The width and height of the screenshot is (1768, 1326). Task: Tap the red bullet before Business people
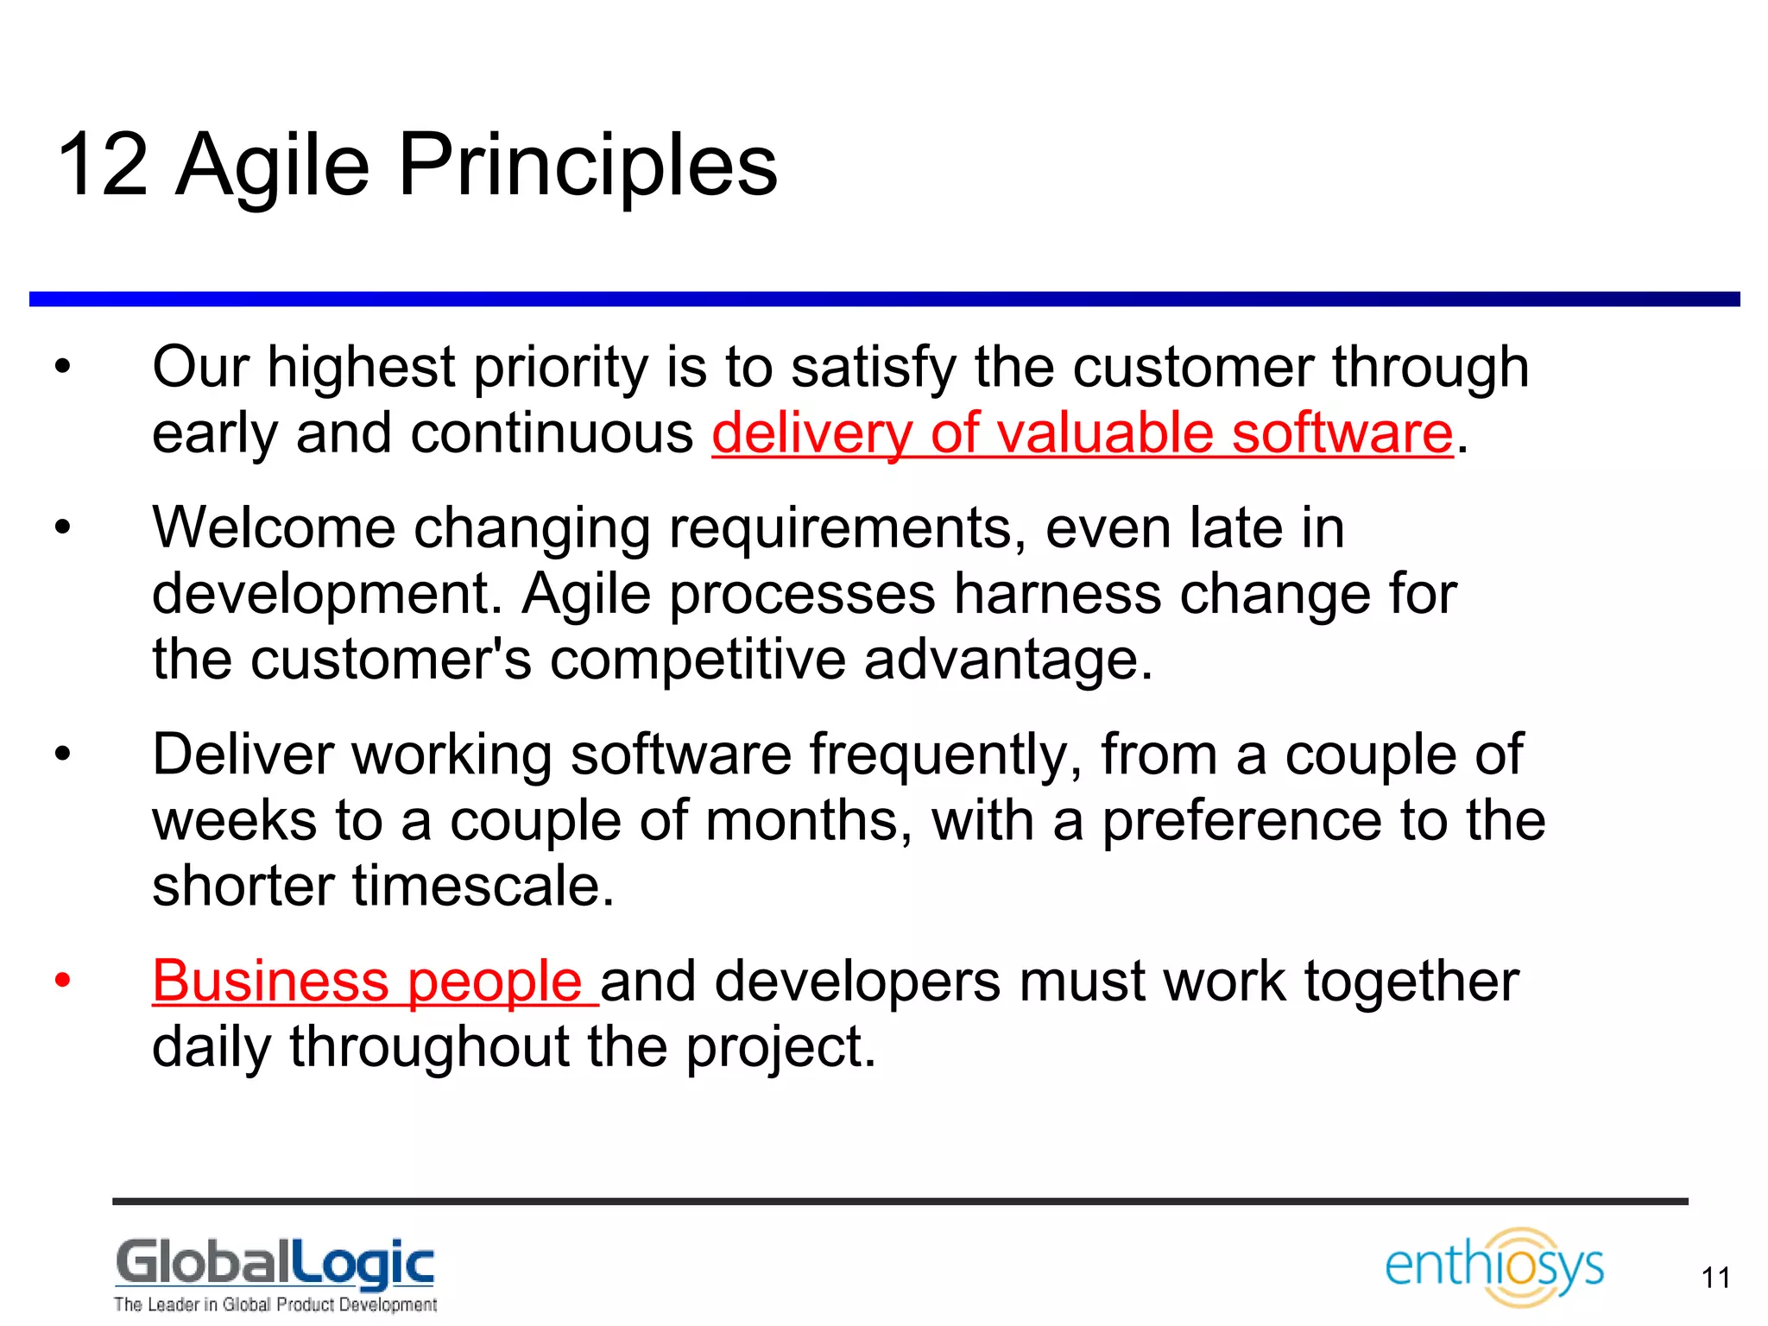pos(62,981)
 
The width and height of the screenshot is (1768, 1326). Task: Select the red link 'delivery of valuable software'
pos(1083,433)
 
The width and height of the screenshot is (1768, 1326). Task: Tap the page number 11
pos(1715,1278)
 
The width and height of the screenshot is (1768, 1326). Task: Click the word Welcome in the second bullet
pos(273,527)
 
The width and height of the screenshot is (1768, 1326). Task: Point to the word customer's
pos(390,660)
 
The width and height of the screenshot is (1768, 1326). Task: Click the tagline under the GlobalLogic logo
pos(275,1304)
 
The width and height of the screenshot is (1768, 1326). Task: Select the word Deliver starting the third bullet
pos(243,755)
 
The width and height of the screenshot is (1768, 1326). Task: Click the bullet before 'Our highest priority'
pos(62,367)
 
